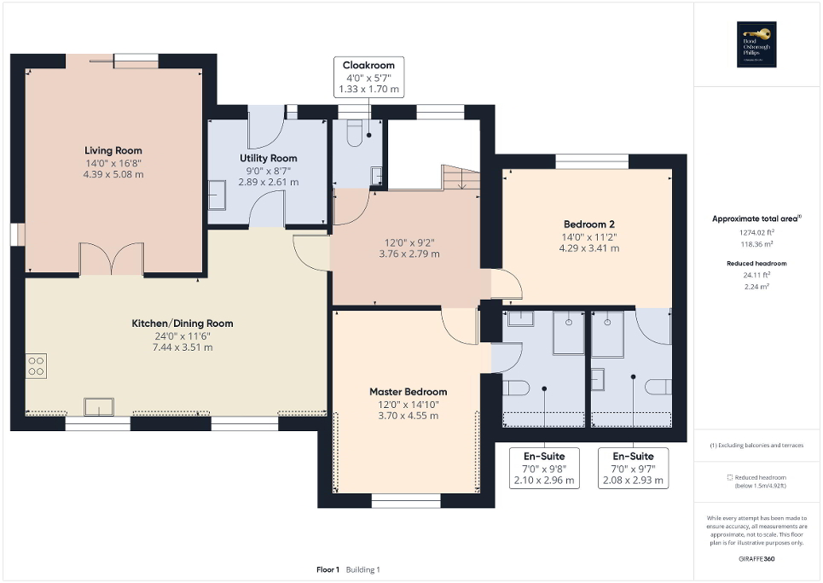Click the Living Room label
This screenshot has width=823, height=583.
point(113,150)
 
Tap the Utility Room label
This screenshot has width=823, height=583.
point(268,158)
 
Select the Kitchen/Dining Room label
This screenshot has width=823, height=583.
point(182,324)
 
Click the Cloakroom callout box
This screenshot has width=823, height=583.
point(368,77)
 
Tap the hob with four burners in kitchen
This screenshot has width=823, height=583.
point(37,366)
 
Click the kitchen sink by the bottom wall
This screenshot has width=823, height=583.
point(98,405)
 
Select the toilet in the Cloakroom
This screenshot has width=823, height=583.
point(356,131)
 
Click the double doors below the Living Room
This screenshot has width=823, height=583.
point(111,259)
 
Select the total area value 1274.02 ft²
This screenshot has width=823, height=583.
point(756,231)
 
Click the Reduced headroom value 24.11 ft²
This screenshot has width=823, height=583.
point(756,276)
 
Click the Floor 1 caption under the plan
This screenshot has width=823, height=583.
point(328,569)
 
